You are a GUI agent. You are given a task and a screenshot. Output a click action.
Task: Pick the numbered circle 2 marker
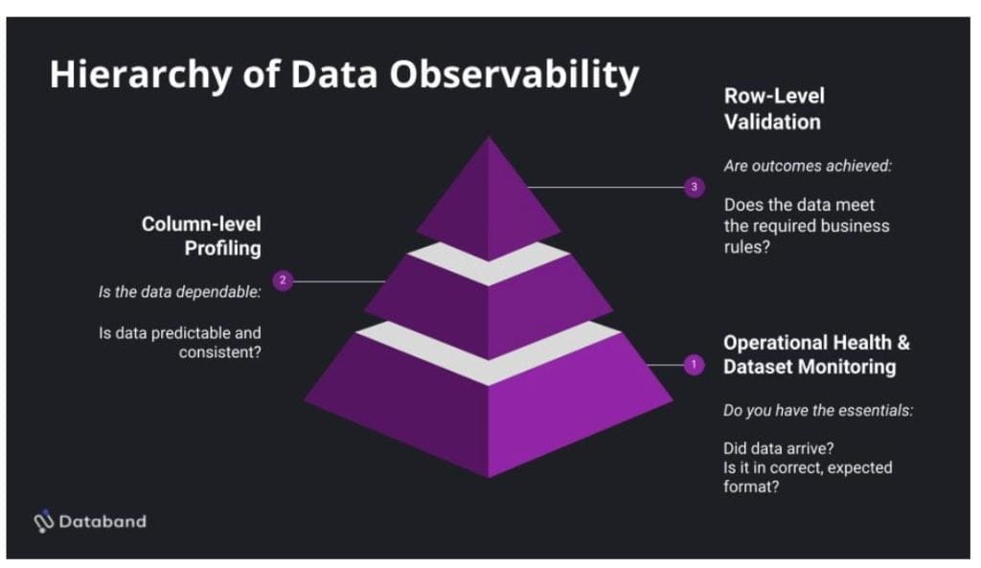(283, 281)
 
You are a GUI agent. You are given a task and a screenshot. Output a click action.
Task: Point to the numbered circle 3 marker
(696, 188)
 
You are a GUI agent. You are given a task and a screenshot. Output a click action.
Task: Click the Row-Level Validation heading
(772, 108)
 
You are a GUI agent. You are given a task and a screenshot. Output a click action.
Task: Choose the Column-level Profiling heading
(201, 236)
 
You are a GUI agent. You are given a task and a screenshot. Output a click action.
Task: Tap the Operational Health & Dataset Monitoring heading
(816, 354)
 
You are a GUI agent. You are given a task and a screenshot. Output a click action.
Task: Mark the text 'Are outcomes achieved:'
(808, 166)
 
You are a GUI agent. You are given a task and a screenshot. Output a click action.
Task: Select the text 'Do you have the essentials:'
(817, 411)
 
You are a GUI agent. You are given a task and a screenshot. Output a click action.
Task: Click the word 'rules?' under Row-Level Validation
(745, 246)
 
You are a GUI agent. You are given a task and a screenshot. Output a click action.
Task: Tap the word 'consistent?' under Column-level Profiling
(219, 352)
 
